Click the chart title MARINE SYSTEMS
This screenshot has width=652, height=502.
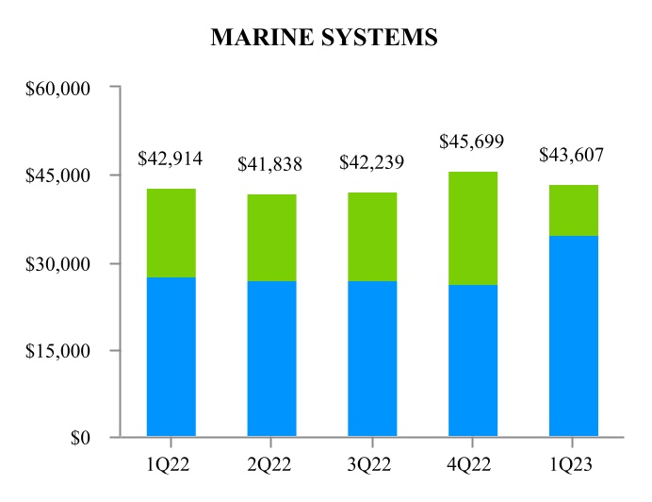click(x=324, y=37)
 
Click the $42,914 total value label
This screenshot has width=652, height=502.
click(x=171, y=159)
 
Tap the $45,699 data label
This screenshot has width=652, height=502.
click(x=472, y=142)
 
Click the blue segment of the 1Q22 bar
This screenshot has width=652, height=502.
click(x=171, y=357)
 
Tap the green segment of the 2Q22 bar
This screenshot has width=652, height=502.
click(x=271, y=238)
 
